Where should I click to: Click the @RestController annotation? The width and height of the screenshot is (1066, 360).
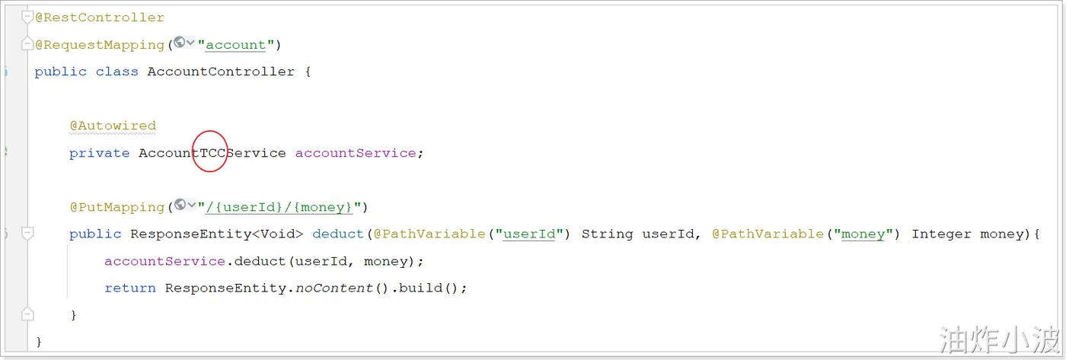[x=99, y=17]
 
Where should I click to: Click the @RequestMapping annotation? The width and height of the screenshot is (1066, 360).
[x=99, y=44]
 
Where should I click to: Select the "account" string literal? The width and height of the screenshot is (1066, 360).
[x=236, y=44]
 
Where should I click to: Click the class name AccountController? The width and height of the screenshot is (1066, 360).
[x=221, y=72]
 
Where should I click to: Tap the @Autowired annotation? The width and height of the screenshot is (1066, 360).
[x=113, y=126]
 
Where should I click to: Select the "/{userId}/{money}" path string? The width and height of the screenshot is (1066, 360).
[x=282, y=207]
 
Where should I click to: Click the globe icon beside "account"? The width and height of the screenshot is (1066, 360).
[x=180, y=43]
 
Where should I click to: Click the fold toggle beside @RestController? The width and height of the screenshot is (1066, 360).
[x=27, y=16]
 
